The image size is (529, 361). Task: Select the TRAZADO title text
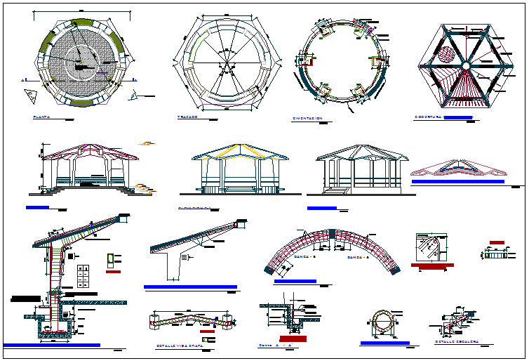pyautogui.click(x=187, y=117)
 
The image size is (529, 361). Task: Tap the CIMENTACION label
pyautogui.click(x=307, y=118)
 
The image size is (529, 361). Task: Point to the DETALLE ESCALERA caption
pyautogui.click(x=457, y=342)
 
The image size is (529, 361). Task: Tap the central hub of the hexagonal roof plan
pyautogui.click(x=465, y=65)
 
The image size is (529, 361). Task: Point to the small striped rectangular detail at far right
pyautogui.click(x=497, y=254)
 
